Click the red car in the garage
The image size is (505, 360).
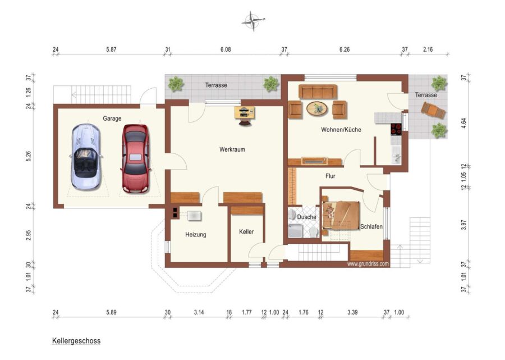136,158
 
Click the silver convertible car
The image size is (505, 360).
86,157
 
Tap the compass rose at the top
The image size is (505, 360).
254,21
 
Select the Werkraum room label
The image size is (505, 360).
232,149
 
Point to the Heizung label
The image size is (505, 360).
195,235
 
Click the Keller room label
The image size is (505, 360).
246,232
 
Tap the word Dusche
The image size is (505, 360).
306,217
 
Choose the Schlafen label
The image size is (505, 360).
371,227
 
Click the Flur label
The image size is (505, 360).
330,176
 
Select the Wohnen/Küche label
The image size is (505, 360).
341,130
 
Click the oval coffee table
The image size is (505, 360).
317,108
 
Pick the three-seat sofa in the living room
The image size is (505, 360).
318,92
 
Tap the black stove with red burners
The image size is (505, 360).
396,129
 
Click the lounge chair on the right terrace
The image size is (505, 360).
433,111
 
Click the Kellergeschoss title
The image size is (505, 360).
76,341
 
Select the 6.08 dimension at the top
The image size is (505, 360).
226,49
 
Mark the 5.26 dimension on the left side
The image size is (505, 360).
29,156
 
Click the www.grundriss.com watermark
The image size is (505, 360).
368,264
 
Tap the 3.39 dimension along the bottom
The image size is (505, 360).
353,312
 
